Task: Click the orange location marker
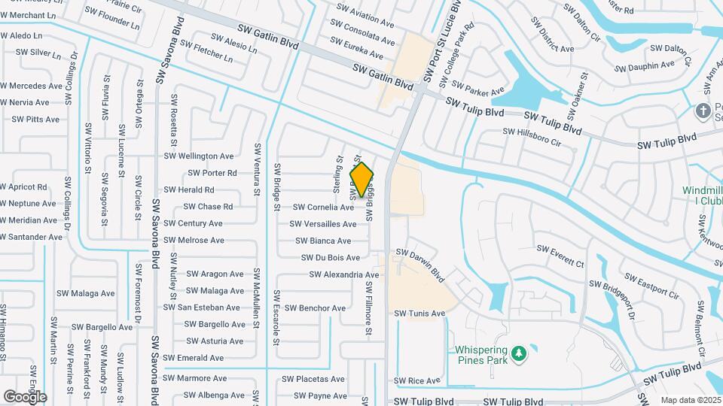click(x=362, y=180)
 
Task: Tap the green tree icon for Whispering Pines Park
click(x=517, y=353)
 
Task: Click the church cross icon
click(x=703, y=111)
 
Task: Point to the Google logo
click(x=24, y=396)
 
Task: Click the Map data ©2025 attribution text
click(x=691, y=400)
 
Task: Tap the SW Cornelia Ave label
click(x=323, y=208)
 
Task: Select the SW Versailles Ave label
click(x=323, y=224)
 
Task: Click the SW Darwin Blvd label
click(x=420, y=265)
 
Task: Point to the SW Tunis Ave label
click(x=419, y=314)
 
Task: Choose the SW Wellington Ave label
click(x=200, y=156)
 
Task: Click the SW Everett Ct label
click(x=560, y=256)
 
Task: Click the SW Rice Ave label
click(x=416, y=381)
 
